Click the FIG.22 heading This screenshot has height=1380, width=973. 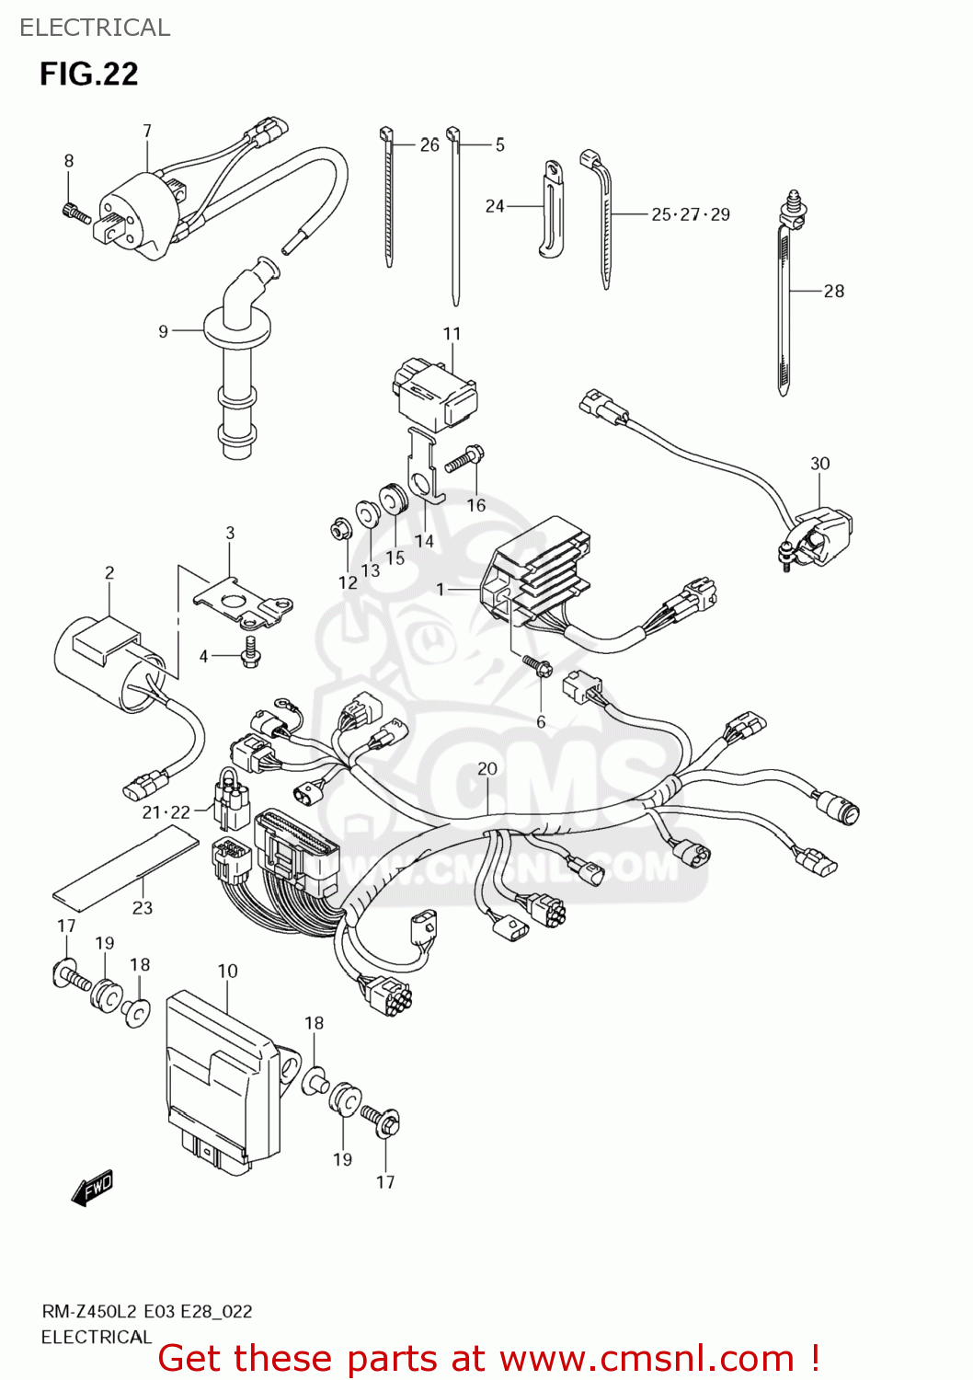tap(88, 74)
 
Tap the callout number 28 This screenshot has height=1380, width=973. tap(833, 291)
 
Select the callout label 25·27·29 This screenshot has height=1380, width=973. tap(690, 214)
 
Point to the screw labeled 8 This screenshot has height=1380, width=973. tap(75, 213)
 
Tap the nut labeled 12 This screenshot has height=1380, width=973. tap(338, 531)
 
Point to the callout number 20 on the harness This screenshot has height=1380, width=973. tap(486, 768)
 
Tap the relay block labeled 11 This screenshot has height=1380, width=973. tap(436, 394)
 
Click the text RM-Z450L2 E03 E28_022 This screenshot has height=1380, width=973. tap(146, 1312)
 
